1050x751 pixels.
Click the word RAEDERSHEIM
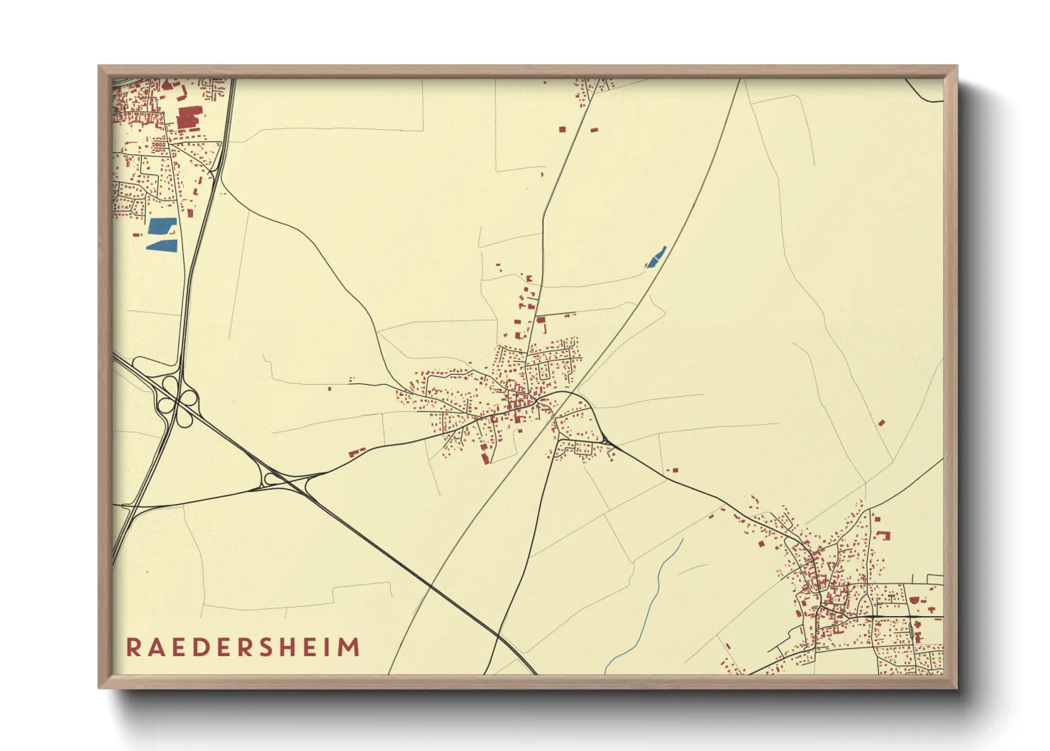click(243, 647)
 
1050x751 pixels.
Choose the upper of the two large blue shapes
click(162, 226)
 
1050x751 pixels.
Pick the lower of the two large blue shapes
click(161, 245)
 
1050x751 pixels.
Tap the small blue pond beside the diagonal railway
click(656, 256)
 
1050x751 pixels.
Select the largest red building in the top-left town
click(189, 117)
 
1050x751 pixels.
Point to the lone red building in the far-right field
click(881, 422)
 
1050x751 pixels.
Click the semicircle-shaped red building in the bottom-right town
click(914, 600)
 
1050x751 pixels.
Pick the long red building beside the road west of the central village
click(357, 451)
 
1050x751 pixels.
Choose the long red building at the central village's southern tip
click(485, 458)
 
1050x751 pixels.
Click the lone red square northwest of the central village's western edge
click(330, 388)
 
